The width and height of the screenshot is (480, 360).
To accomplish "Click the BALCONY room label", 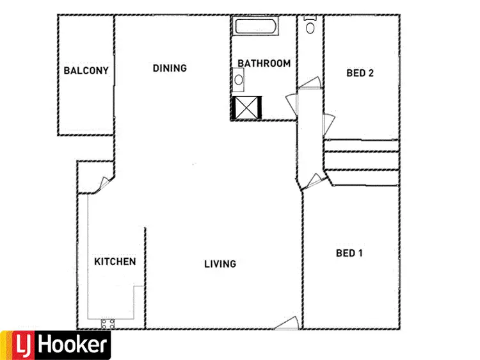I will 86,70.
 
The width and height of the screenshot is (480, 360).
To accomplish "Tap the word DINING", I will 170,68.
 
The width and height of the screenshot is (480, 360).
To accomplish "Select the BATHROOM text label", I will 264,63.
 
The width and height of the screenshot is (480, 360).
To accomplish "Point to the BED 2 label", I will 360,73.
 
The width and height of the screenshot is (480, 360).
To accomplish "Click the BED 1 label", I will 349,253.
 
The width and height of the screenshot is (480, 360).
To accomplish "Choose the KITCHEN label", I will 115,261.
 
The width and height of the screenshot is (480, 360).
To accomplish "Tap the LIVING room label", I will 220,263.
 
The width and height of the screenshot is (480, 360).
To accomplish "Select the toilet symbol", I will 311,26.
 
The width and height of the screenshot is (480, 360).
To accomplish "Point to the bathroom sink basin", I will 238,80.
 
